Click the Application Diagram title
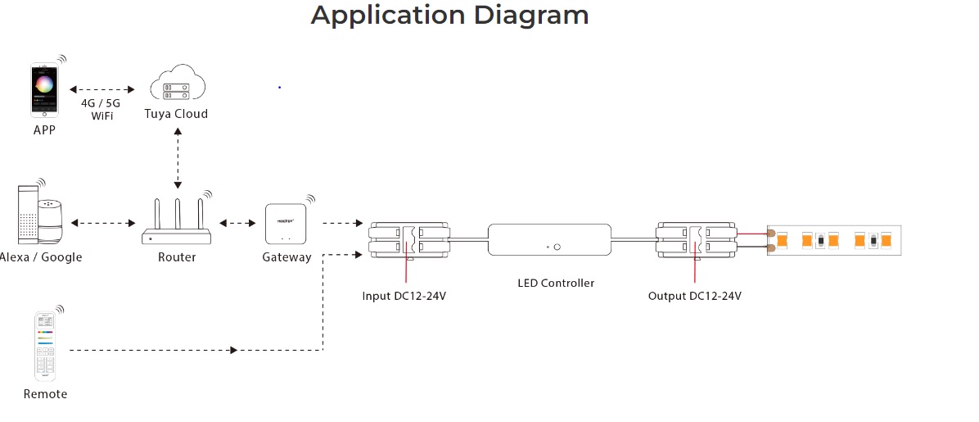(x=449, y=16)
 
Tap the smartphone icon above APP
(x=45, y=88)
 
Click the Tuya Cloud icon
(x=178, y=86)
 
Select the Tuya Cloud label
(x=177, y=114)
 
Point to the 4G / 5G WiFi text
(x=102, y=110)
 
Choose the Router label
(x=177, y=257)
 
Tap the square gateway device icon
(x=286, y=224)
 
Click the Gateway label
(x=286, y=257)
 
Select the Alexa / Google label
(x=41, y=257)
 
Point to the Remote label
(x=45, y=394)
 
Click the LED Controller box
(x=548, y=242)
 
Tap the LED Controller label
(x=556, y=284)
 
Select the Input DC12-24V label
(x=404, y=296)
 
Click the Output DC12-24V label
(x=694, y=296)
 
